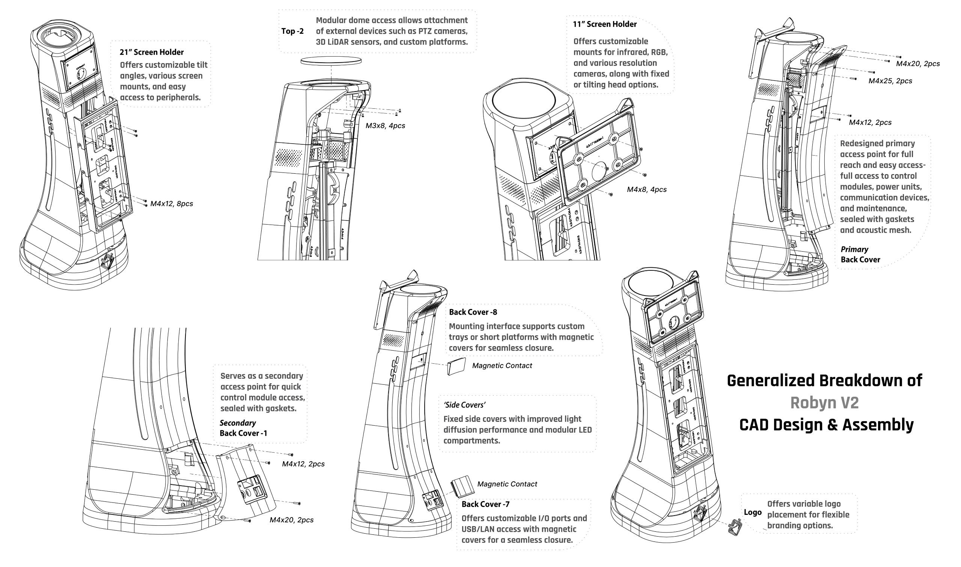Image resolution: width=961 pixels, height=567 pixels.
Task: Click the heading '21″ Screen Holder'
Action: point(151,52)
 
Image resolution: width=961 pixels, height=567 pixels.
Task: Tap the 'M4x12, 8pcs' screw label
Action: point(171,204)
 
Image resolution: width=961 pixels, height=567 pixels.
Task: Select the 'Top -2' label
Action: point(292,31)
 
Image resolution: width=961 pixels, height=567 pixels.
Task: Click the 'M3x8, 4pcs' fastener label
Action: point(385,126)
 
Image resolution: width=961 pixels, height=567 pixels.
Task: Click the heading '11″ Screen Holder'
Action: point(605,24)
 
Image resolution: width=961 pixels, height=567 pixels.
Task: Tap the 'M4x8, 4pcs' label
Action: point(647,189)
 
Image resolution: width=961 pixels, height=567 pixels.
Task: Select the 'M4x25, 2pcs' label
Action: point(890,81)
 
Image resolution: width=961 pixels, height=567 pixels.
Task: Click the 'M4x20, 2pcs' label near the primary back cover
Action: point(918,64)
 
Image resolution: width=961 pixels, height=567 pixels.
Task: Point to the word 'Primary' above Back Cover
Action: point(854,249)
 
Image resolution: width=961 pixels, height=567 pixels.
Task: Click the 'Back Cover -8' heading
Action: point(473,312)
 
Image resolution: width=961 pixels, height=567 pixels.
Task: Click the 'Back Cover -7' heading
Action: point(485,504)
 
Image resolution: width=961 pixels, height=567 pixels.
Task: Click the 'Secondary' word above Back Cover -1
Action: point(238,423)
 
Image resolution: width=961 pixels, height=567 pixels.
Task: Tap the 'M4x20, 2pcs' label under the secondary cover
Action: point(291,520)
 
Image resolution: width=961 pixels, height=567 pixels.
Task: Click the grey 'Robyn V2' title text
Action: point(824,403)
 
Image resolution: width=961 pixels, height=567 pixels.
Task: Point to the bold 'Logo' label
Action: point(753,513)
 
